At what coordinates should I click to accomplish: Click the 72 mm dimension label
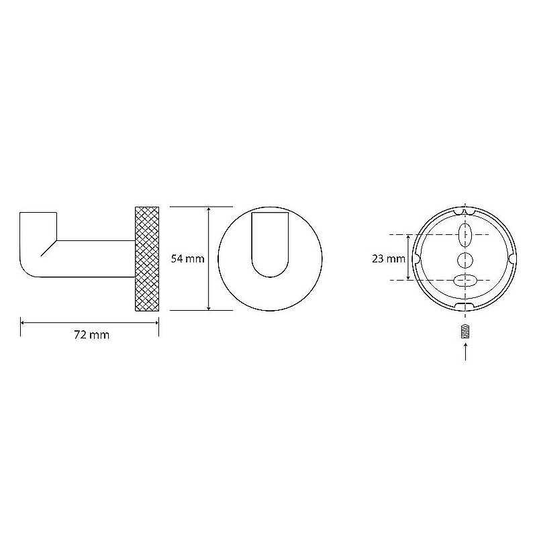pos(91,335)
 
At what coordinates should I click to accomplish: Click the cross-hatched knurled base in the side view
pos(148,258)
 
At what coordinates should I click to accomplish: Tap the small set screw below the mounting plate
pos(465,332)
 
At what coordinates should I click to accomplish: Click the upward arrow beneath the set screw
pos(465,352)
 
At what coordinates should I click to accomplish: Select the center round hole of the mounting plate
pos(465,258)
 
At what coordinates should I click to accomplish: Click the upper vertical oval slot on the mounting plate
pos(465,236)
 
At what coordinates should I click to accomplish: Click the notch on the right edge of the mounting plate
pos(513,258)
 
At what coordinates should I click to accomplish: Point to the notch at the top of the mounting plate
pos(465,211)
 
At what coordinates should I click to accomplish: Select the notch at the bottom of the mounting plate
pos(465,307)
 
